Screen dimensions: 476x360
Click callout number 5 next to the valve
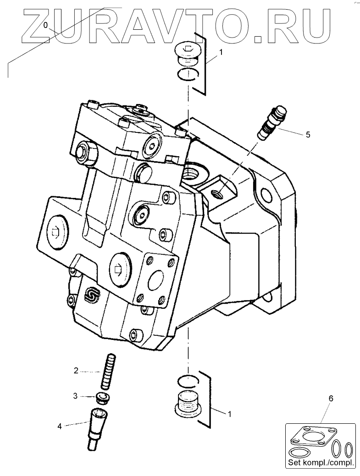[x=308, y=135]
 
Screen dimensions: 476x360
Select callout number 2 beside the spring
[x=77, y=371]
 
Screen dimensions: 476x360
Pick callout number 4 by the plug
[x=60, y=426]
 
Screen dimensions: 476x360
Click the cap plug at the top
[x=188, y=52]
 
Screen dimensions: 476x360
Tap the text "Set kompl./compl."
[x=321, y=464]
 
